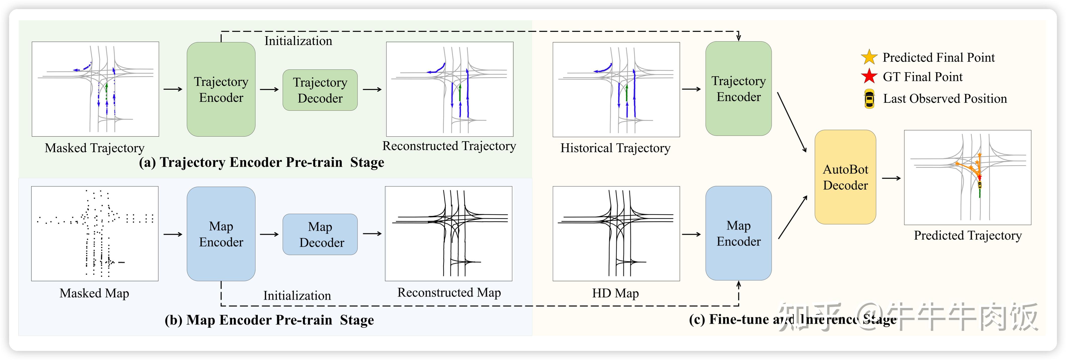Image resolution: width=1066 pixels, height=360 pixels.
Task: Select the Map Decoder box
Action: coord(320,234)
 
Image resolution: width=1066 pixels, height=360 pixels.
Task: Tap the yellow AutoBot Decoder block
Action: coord(845,177)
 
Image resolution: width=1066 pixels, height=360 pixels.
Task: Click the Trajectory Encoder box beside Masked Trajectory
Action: coord(221,89)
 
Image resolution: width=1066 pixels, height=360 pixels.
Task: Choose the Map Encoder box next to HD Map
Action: coord(738,233)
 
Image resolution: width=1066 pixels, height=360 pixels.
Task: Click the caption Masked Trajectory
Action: coord(94,148)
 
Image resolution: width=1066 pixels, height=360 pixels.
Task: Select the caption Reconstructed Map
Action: coord(449,293)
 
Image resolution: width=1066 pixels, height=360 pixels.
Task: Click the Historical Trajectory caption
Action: coord(615,148)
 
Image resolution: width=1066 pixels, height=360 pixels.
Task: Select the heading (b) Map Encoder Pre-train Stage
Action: coord(269,320)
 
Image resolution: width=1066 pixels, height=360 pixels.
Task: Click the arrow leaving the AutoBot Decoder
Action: coord(891,178)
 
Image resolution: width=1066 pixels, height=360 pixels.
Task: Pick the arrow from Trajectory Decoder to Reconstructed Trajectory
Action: coord(372,89)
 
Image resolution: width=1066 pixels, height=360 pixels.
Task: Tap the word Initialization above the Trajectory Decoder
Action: coord(298,41)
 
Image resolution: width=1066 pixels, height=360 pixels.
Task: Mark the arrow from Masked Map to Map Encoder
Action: coord(173,234)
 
